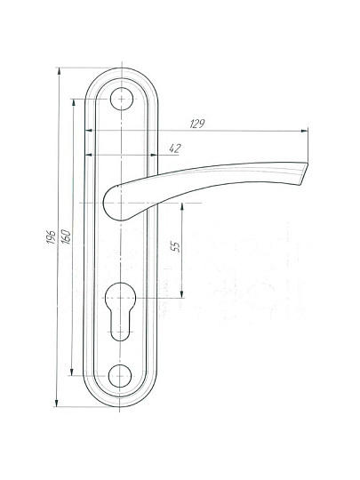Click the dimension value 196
click(x=52, y=237)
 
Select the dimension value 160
click(x=66, y=236)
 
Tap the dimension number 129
click(x=197, y=124)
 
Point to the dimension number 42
click(x=175, y=148)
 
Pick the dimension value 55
click(x=175, y=246)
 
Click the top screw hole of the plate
click(x=122, y=99)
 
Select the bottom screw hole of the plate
click(x=120, y=376)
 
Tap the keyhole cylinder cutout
click(x=120, y=311)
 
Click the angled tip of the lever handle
click(x=302, y=173)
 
